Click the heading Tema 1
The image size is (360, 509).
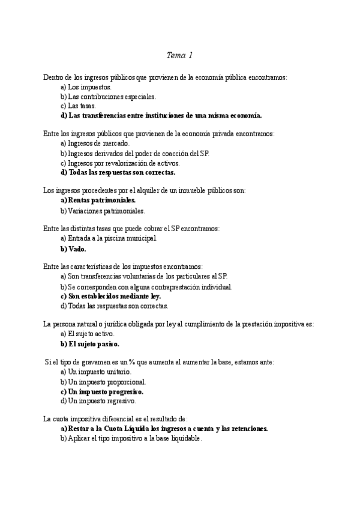pos(179,56)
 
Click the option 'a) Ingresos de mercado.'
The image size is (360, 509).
pos(94,143)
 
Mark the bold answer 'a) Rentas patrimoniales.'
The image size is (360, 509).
pos(98,200)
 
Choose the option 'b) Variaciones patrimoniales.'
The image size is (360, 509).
pos(103,210)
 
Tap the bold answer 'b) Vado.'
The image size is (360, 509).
pos(74,248)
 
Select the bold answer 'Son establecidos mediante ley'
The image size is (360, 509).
pos(111,296)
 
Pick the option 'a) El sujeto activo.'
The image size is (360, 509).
pos(88,334)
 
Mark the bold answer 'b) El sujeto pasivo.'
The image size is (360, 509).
pos(90,344)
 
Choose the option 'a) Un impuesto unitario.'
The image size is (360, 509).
pos(96,372)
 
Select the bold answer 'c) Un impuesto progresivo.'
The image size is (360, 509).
pos(101,391)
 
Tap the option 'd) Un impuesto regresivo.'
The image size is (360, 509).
pos(98,400)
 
